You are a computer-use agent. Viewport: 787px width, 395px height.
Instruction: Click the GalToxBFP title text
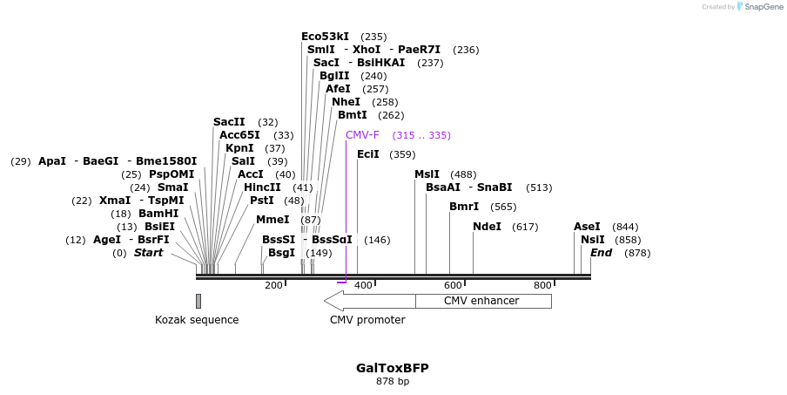point(392,368)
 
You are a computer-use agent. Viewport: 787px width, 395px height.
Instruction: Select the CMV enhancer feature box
point(482,301)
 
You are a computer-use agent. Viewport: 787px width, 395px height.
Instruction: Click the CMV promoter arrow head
point(333,301)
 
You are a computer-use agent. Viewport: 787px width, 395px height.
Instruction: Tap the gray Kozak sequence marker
point(198,301)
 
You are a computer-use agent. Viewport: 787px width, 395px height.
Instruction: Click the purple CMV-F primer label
point(362,135)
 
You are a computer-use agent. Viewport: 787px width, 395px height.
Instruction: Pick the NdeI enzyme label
point(487,227)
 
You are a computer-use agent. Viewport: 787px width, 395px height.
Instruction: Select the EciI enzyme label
point(368,154)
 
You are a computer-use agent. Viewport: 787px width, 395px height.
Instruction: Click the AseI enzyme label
point(587,227)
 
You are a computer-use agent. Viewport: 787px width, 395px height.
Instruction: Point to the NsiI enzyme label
point(592,240)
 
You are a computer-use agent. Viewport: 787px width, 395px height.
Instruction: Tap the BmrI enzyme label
point(464,207)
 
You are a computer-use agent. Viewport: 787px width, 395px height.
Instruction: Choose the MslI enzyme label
point(427,174)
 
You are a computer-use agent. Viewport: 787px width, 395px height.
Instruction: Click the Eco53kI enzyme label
point(325,37)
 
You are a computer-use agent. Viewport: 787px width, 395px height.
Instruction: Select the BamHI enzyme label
point(158,214)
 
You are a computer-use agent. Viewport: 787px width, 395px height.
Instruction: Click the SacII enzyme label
point(229,122)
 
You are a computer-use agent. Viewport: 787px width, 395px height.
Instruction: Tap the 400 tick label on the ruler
point(363,285)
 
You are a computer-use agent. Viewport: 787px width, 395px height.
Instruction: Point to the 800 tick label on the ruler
point(542,285)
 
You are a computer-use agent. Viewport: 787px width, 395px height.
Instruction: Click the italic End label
point(601,253)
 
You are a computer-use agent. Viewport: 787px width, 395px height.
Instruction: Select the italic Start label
point(148,253)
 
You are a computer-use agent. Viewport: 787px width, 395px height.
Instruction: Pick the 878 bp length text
point(392,382)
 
